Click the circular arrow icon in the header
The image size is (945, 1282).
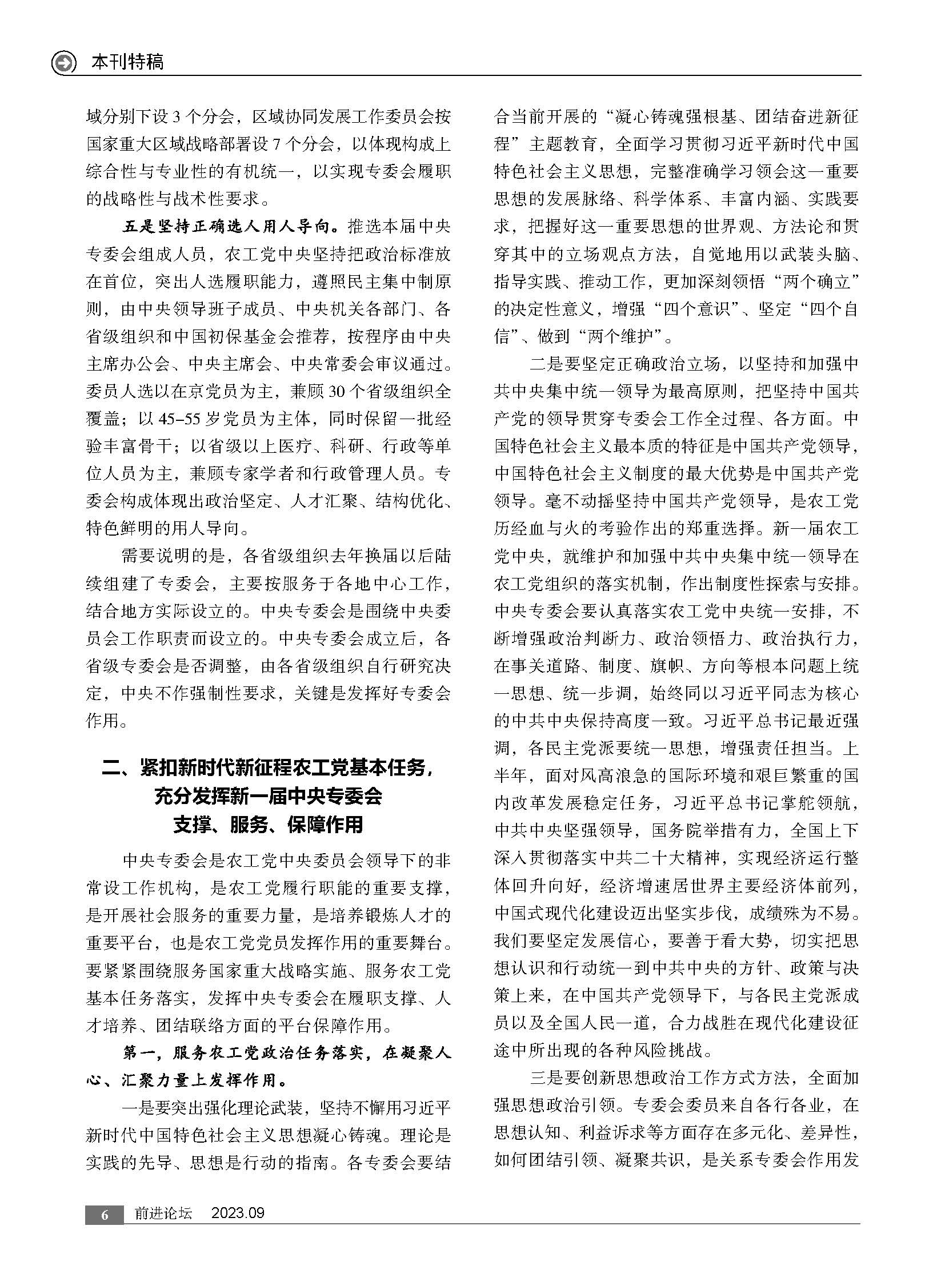pyautogui.click(x=63, y=62)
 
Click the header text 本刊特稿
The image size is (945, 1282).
pyautogui.click(x=127, y=62)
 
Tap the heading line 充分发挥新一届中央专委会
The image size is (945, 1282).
pyautogui.click(x=268, y=797)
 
